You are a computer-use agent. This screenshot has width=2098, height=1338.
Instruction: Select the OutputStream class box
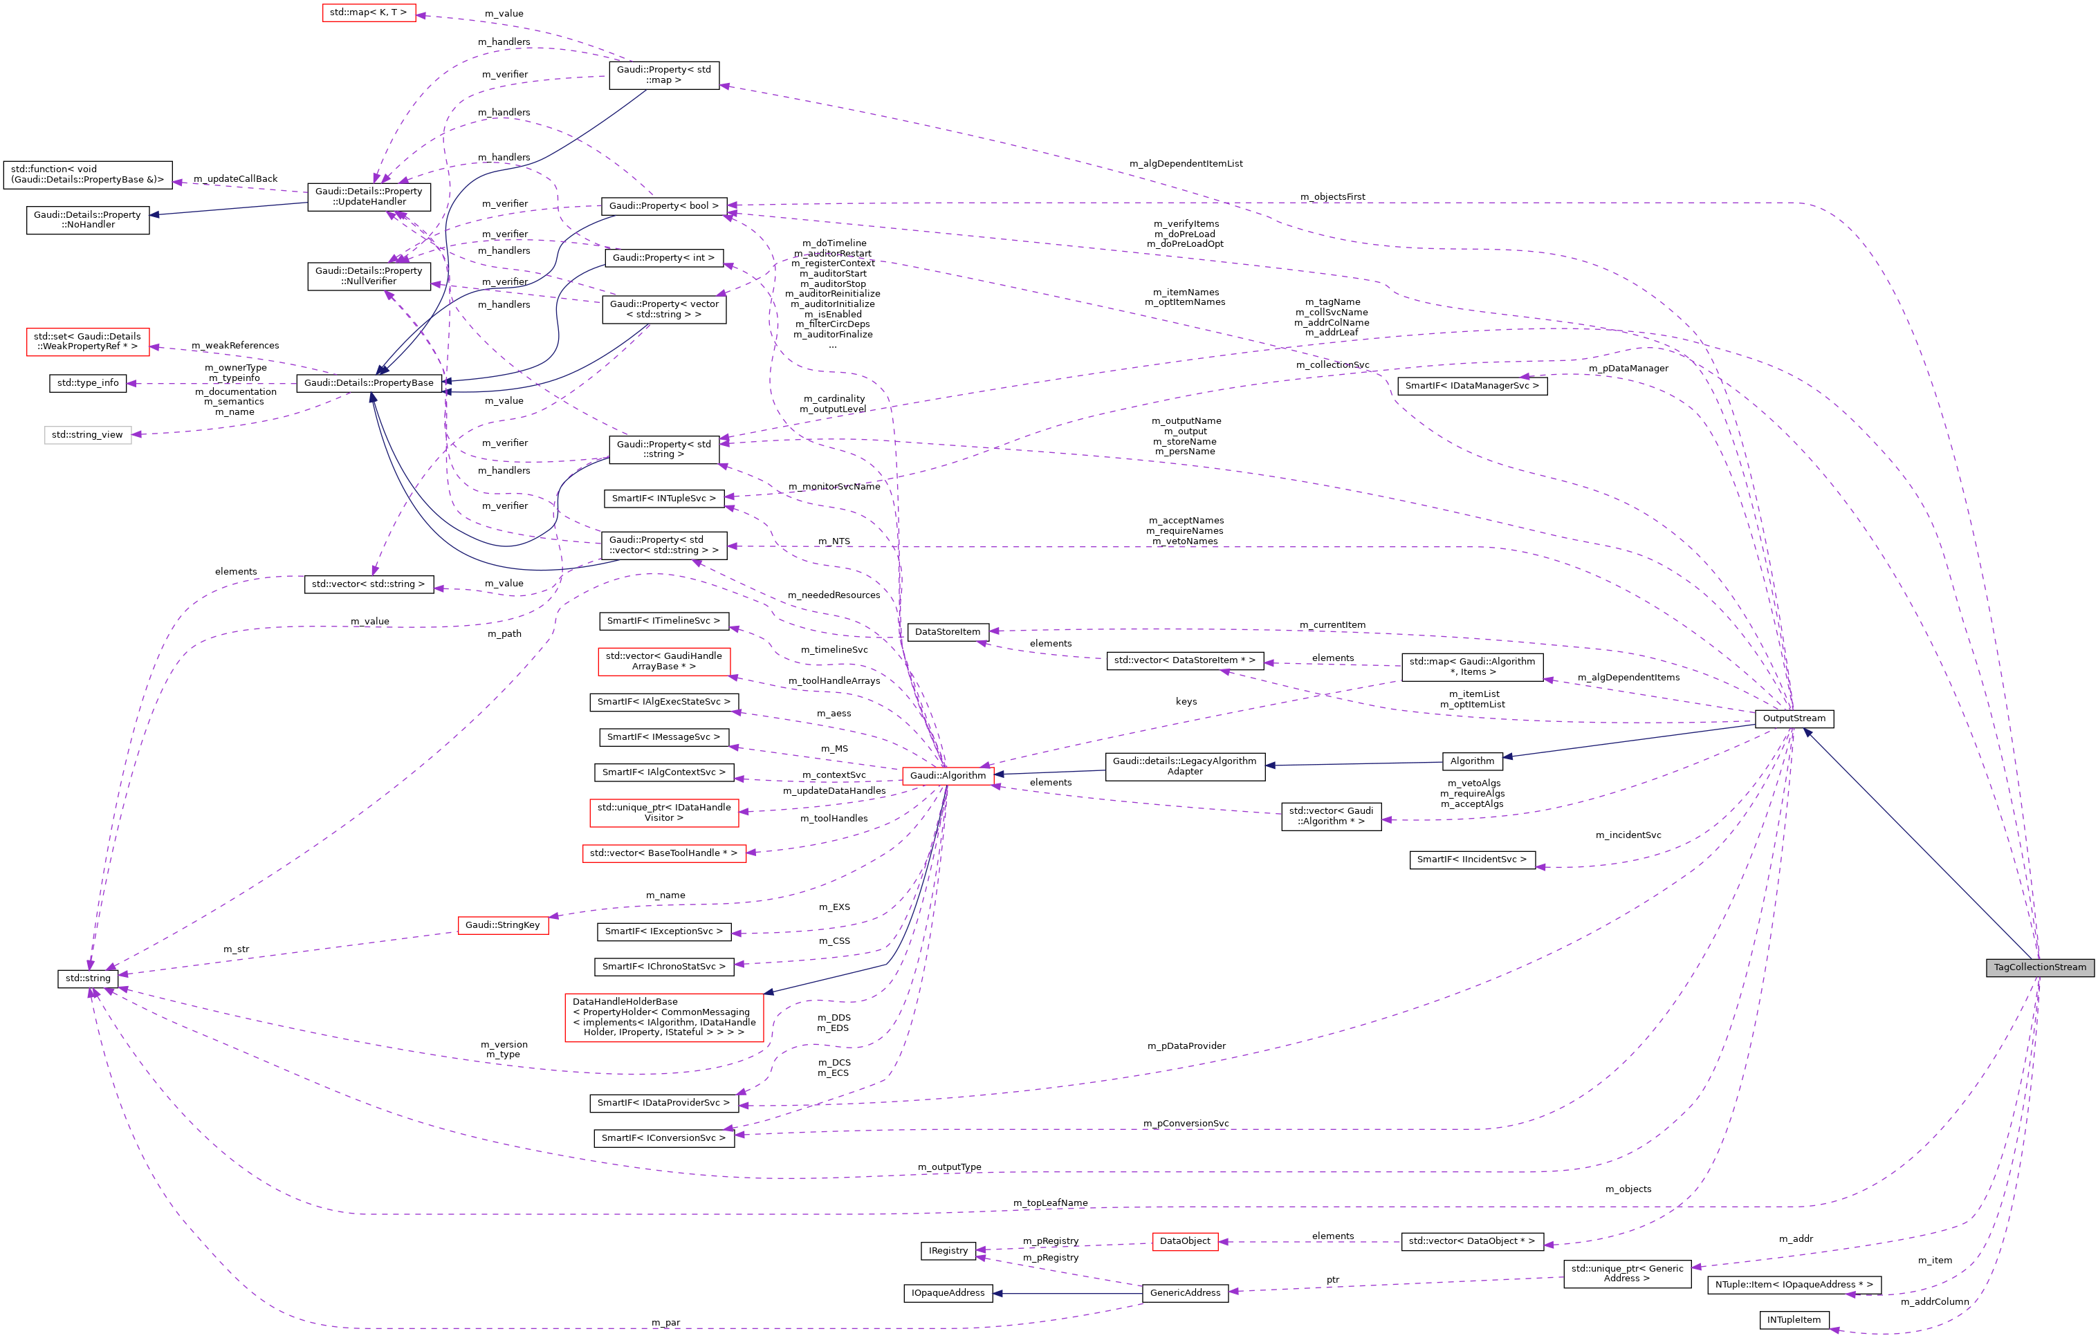pos(1793,718)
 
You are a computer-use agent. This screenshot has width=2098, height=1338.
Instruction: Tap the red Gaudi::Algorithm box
pos(947,775)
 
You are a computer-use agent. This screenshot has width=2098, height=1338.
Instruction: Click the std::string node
pos(88,978)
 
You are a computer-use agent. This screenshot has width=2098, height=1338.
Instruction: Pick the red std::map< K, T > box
pos(368,13)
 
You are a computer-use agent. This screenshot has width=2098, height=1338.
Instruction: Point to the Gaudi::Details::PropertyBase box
pos(369,383)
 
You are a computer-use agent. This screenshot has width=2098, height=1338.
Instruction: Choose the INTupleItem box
pos(1793,1320)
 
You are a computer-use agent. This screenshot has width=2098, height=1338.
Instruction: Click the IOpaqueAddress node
pos(947,1292)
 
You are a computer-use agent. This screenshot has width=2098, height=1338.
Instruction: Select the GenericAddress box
pos(1185,1292)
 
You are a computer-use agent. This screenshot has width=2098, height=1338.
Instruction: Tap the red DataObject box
pos(1184,1241)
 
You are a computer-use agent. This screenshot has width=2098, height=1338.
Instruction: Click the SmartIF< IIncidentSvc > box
pos(1471,860)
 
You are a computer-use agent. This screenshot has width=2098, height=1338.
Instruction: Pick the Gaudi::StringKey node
pos(503,925)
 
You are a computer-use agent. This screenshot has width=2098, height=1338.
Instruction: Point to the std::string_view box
pos(88,435)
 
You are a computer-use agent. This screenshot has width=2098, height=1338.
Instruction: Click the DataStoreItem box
pos(947,631)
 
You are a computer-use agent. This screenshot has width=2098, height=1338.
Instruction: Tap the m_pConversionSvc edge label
pos(1185,1124)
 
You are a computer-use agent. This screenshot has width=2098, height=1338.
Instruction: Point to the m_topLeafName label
pos(1050,1203)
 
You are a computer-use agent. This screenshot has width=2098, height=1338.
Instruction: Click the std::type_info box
pos(88,383)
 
